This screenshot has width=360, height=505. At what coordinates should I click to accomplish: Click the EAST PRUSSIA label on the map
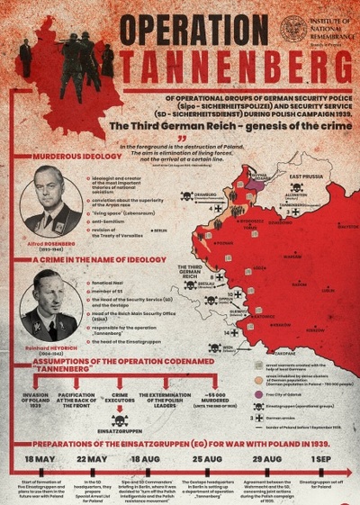(307, 176)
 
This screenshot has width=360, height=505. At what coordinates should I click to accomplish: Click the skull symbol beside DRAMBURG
(187, 195)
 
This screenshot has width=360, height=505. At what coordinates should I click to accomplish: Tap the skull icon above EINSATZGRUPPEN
(118, 420)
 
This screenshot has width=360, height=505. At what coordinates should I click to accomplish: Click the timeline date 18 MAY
(41, 460)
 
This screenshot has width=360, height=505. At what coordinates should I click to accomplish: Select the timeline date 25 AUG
(209, 460)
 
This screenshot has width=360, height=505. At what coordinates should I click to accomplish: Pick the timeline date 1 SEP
(320, 460)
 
